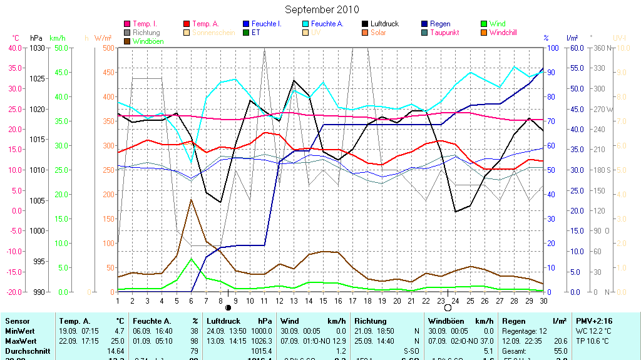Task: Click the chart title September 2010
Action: [322, 9]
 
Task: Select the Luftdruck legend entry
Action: [384, 24]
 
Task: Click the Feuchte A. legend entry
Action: [327, 24]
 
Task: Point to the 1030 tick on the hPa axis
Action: [37, 48]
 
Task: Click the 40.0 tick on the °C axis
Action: [15, 48]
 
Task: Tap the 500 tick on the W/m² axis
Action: [107, 48]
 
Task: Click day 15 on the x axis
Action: [323, 301]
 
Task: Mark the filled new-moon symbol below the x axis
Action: [228, 307]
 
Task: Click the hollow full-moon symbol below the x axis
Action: [448, 307]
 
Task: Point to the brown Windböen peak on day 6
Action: [191, 200]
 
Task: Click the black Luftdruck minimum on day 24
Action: [455, 212]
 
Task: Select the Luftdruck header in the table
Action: [223, 321]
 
